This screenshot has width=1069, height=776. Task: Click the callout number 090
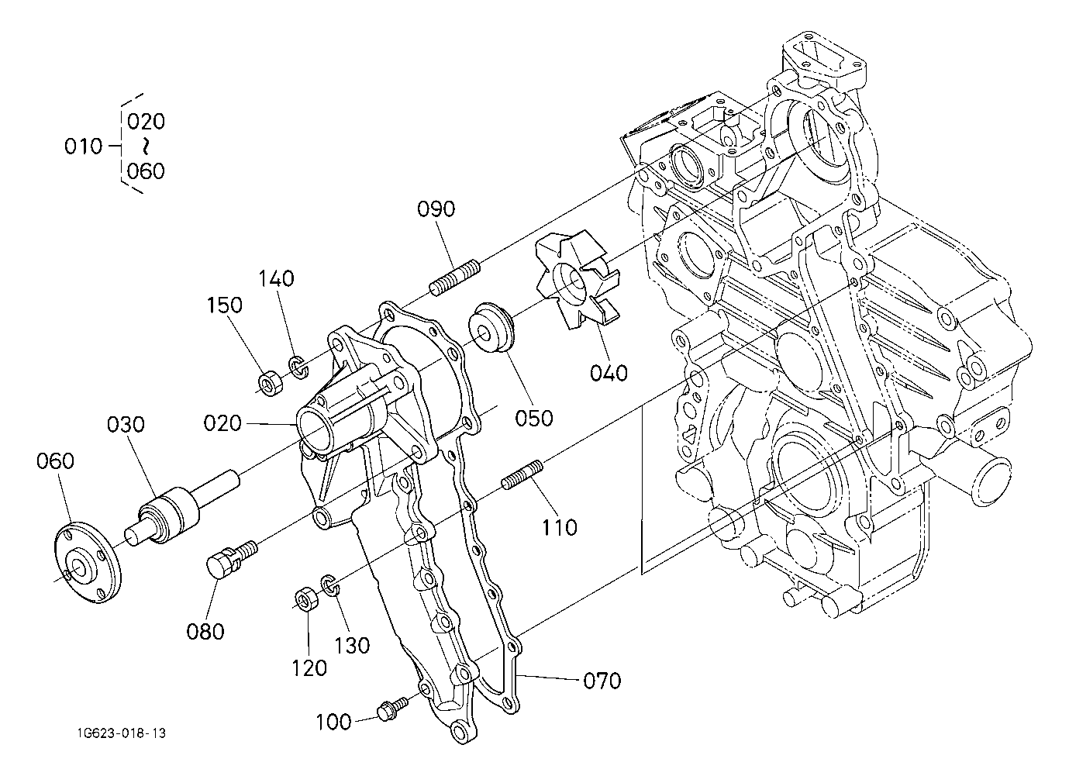(436, 209)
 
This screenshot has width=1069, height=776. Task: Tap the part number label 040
(609, 373)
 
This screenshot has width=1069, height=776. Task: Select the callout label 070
(602, 681)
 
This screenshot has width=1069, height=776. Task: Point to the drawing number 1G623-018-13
(122, 733)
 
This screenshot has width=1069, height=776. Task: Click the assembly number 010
(84, 146)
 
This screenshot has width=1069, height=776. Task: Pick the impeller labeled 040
(578, 280)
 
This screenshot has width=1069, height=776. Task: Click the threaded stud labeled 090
(455, 278)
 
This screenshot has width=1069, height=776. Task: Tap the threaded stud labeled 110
(522, 474)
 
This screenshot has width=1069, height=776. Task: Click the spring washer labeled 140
(298, 367)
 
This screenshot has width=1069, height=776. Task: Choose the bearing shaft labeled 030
(182, 508)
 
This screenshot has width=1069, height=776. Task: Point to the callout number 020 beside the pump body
(222, 423)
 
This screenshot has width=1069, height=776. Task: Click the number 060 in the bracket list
(146, 171)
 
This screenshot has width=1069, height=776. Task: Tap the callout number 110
(560, 527)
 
